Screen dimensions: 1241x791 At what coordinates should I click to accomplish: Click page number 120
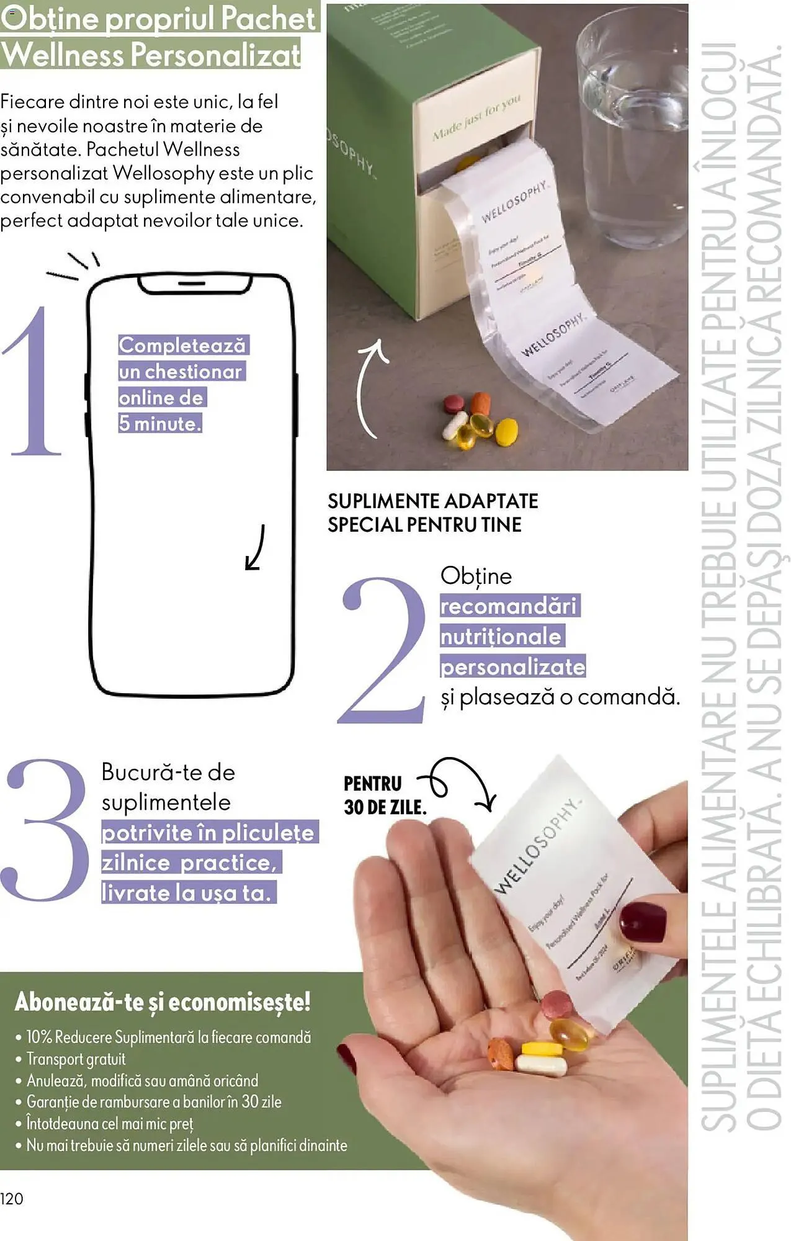pos(12,1199)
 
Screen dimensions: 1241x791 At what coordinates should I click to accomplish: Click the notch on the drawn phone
pos(195,284)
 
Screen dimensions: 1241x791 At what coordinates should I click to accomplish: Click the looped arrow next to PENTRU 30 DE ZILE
pos(459,783)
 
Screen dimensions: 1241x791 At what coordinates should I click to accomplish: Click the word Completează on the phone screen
pos(182,345)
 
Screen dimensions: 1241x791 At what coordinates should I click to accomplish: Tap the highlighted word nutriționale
pos(501,636)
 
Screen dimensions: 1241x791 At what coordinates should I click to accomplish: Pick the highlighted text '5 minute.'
pos(160,424)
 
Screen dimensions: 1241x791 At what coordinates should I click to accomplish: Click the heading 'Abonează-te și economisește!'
pos(162,1002)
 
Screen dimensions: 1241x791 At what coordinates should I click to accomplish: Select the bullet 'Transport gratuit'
pos(76,1059)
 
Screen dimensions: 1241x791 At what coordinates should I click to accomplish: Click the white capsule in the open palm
pos(542,1065)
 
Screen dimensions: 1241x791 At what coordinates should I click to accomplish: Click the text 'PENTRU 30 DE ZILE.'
pos(385,795)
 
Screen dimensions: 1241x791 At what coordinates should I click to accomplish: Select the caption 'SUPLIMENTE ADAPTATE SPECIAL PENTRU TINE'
pos(432,513)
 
